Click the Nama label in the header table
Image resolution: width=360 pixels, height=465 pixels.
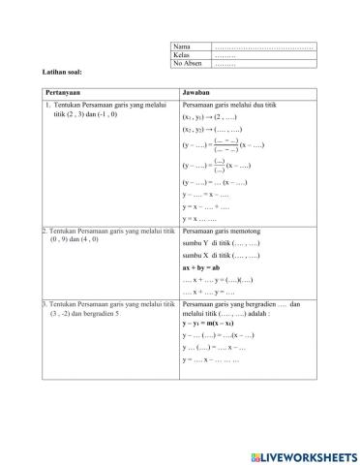[x=181, y=46]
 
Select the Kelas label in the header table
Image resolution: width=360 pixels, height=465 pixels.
[x=181, y=54]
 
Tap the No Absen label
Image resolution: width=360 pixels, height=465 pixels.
[x=185, y=62]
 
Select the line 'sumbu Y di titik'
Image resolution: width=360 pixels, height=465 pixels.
[x=218, y=244]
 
